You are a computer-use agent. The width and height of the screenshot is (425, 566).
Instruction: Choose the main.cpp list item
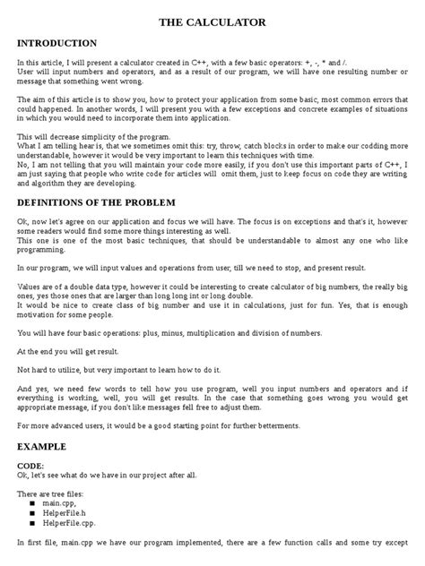(x=62, y=504)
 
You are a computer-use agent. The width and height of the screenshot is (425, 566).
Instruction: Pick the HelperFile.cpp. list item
(x=74, y=524)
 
